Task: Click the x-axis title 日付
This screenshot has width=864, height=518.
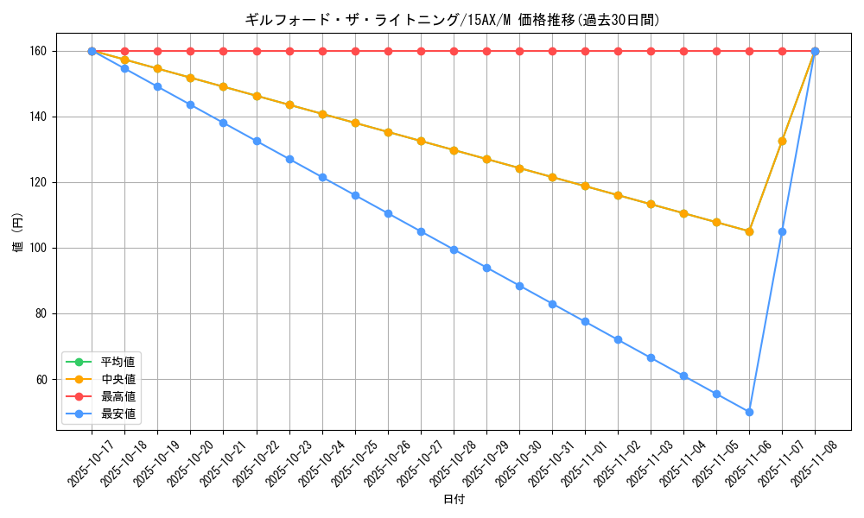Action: pos(453,500)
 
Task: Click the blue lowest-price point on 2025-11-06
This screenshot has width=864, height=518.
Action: pos(749,412)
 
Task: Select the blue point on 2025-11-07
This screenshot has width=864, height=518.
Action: pos(782,231)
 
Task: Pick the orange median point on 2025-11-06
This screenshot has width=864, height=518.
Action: pos(749,231)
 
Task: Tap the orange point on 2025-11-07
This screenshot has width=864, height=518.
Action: pos(782,141)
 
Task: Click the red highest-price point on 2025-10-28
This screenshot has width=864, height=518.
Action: pos(454,51)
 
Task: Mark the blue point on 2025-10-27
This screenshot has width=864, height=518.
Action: pos(421,231)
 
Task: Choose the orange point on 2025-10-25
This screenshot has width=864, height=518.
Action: pos(355,123)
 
